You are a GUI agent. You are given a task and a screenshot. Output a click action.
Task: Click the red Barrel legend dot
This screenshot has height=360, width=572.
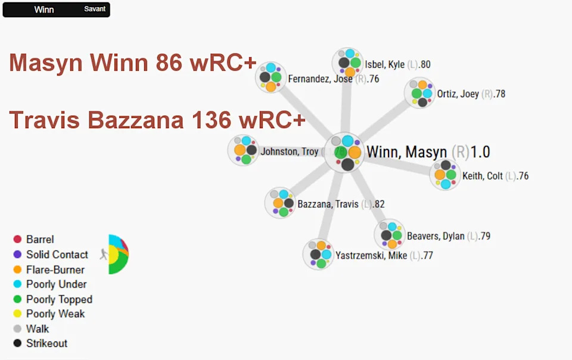tap(17, 239)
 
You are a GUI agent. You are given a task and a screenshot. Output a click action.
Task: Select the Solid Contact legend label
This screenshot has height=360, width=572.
tap(57, 255)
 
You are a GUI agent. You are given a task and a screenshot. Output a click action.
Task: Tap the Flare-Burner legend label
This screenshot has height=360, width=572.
tap(55, 269)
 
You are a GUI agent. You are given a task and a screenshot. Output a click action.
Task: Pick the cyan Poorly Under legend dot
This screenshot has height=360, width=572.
tap(17, 284)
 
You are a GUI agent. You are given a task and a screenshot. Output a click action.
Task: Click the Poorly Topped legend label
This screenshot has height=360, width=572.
tap(59, 299)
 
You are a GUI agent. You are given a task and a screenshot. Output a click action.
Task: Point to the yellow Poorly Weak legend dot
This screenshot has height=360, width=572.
tap(17, 314)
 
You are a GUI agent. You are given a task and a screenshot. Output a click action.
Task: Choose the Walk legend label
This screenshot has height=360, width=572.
tap(38, 328)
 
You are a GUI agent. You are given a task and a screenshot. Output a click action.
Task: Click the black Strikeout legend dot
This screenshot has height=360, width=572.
tap(17, 343)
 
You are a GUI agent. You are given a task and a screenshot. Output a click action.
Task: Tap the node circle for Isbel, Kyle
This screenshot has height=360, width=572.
tap(347, 63)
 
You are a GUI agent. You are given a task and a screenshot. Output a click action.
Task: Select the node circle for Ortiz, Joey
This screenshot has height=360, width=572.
tap(420, 93)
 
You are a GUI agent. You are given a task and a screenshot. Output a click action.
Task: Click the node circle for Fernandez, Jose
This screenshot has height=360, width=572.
tap(271, 77)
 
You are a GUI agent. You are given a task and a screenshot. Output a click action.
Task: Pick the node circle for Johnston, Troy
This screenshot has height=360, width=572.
tap(243, 150)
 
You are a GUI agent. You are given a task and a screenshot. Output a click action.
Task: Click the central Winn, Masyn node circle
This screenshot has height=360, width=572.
tap(344, 153)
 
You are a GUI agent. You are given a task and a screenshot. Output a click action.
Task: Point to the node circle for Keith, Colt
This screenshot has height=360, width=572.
tap(445, 175)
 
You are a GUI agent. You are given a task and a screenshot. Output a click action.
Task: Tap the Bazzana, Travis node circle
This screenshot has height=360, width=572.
tap(281, 203)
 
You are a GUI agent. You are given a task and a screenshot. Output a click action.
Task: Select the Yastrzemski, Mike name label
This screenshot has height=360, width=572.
tap(371, 255)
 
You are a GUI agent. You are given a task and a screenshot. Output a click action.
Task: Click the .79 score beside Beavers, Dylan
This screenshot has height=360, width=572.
tap(484, 236)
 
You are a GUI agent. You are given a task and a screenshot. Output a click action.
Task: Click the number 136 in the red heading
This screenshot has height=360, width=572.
tap(212, 120)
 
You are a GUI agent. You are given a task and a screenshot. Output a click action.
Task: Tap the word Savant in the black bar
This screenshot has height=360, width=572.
tap(95, 9)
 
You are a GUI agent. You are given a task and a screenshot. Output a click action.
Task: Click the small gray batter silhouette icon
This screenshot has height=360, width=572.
tap(104, 255)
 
